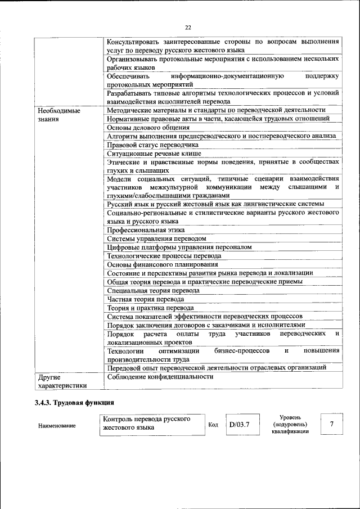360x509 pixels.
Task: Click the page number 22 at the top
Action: pyautogui.click(x=187, y=27)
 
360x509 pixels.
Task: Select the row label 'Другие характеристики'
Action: pyautogui.click(x=62, y=381)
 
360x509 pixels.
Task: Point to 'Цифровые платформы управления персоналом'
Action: pyautogui.click(x=179, y=247)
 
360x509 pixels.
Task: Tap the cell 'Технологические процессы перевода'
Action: pyautogui.click(x=164, y=255)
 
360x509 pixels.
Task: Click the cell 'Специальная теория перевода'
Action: pyautogui.click(x=153, y=290)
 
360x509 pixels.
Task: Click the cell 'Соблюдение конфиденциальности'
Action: pyautogui.click(x=160, y=377)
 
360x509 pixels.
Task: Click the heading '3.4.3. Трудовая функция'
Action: pyautogui.click(x=74, y=403)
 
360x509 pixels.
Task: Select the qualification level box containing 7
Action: pyautogui.click(x=332, y=424)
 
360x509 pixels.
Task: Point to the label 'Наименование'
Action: pyautogui.click(x=57, y=426)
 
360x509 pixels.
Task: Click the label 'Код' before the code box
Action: pyautogui.click(x=213, y=425)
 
